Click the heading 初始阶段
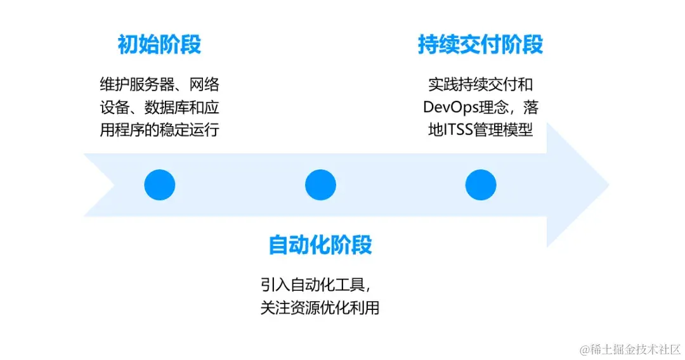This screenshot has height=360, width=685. click(159, 45)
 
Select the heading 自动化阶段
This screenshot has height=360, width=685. click(320, 245)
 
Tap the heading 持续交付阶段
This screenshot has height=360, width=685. click(480, 45)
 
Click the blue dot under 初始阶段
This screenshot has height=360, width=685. click(159, 186)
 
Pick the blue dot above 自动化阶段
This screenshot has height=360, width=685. click(320, 186)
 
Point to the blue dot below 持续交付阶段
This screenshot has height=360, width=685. click(480, 186)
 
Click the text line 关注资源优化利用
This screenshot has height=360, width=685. click(320, 308)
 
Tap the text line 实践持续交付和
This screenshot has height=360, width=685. click(480, 84)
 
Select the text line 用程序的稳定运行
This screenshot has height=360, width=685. click(159, 131)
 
